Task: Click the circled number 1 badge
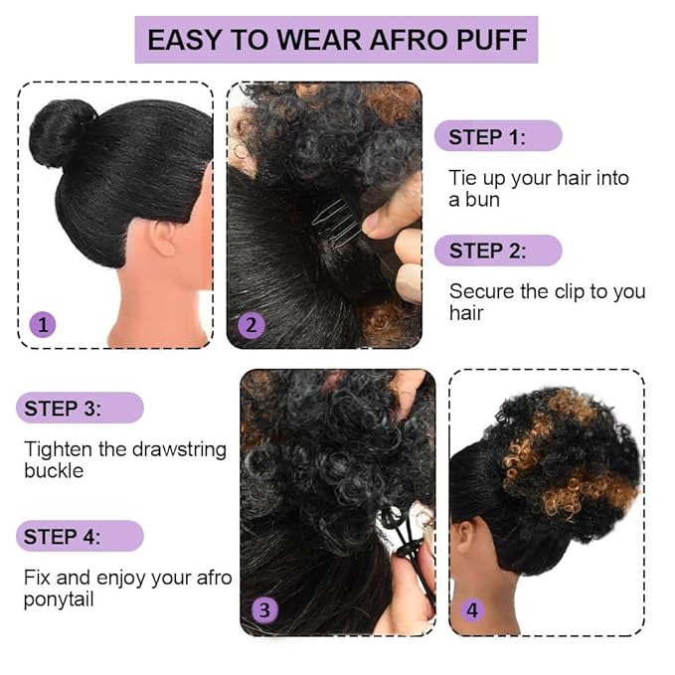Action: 42,323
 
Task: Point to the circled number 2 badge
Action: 251,324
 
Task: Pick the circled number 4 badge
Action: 472,609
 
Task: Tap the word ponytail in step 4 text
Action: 61,599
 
